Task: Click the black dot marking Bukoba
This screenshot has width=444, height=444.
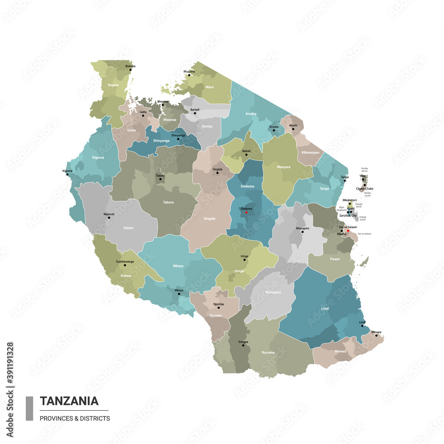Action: (127, 69)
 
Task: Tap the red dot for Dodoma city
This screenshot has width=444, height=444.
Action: (246, 212)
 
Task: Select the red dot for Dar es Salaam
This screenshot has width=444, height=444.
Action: (348, 230)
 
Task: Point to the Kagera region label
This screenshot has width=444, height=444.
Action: (113, 84)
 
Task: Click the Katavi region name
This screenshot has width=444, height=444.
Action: (128, 228)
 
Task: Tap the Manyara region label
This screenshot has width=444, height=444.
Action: (283, 167)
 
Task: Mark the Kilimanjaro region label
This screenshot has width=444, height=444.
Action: (310, 152)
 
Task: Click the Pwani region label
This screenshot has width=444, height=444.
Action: (335, 258)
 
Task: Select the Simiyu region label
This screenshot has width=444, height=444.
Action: (207, 126)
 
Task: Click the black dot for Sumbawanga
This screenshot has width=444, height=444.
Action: (125, 265)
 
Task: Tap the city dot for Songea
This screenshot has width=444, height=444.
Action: (243, 345)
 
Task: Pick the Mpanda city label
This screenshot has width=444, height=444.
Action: (109, 214)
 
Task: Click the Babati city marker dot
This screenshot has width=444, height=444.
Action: (246, 154)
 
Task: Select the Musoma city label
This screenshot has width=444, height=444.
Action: (189, 71)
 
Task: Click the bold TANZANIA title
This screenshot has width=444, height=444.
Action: (69, 401)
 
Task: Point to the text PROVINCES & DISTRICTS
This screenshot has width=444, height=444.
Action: (75, 418)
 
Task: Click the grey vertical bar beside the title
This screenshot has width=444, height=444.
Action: (30, 408)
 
